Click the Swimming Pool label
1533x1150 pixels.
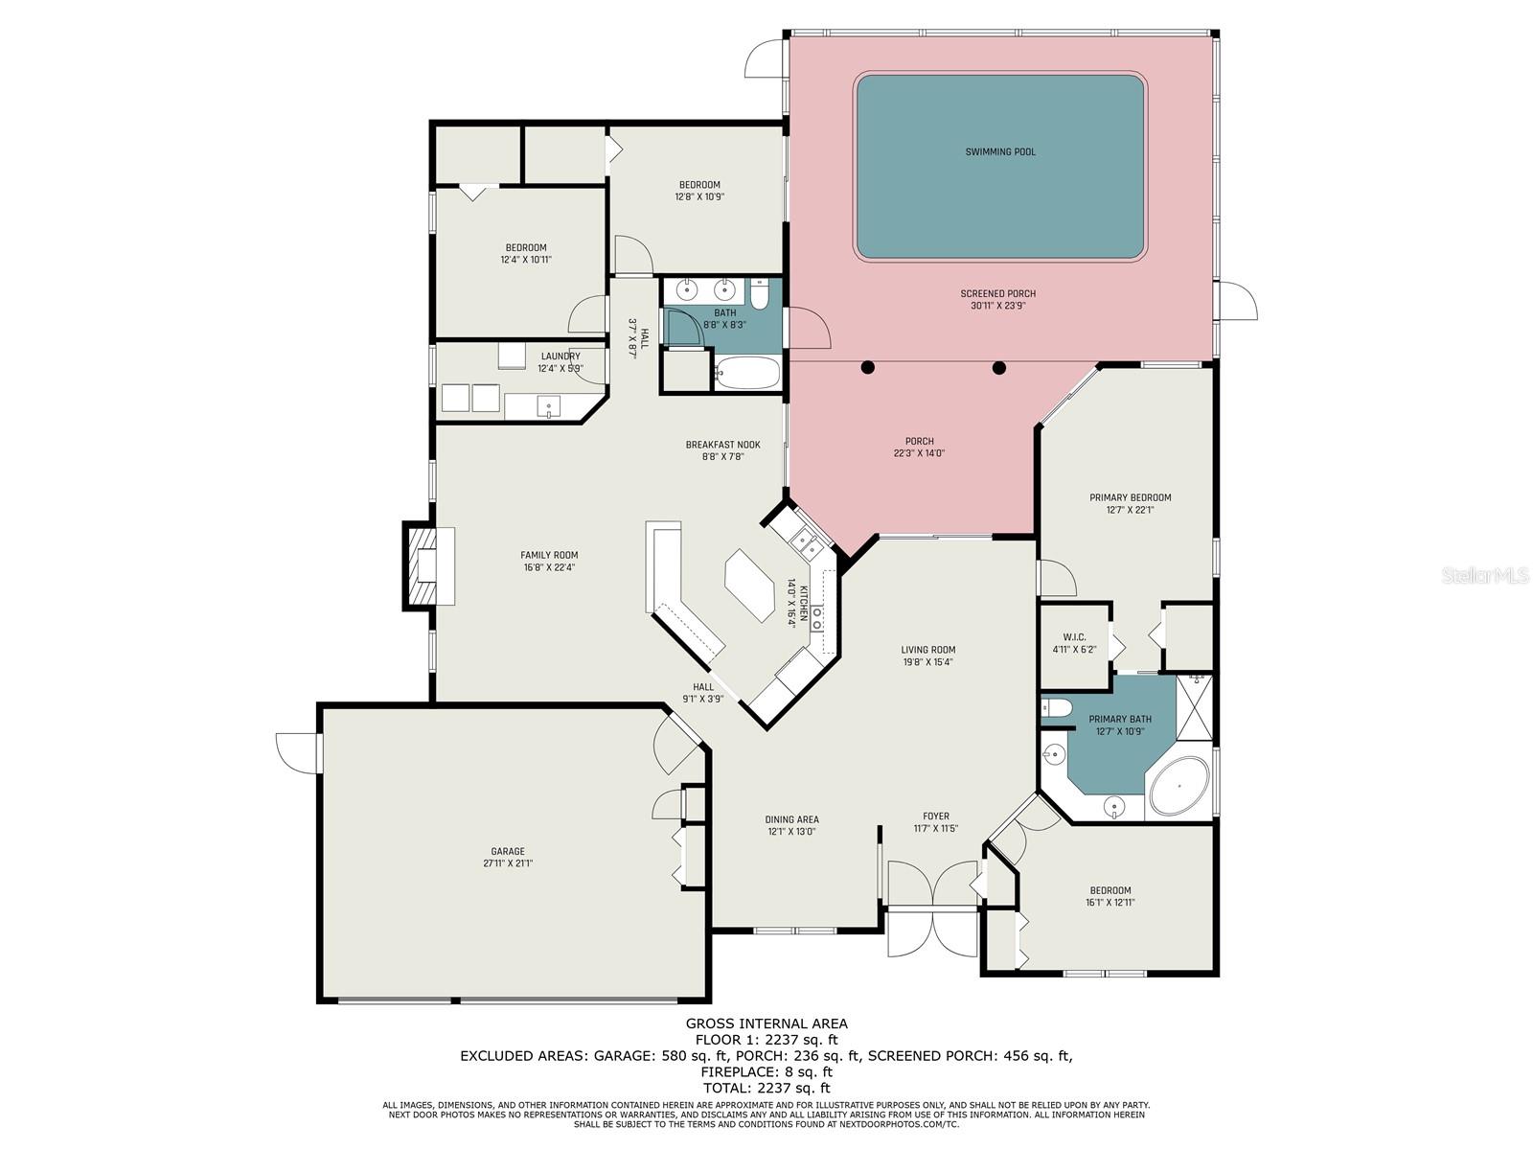[999, 151]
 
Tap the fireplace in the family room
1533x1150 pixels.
[419, 564]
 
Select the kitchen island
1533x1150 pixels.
[748, 586]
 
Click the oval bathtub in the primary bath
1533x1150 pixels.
[1178, 786]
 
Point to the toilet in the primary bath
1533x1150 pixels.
[1056, 709]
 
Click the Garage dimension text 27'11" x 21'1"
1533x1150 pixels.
[507, 863]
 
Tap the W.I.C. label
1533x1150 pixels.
[1073, 636]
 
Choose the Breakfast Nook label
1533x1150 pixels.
[722, 445]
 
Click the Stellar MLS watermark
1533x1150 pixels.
[1485, 575]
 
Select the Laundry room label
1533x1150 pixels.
[561, 356]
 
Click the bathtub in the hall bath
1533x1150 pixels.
[746, 373]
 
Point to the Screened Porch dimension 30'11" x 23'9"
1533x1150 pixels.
[997, 305]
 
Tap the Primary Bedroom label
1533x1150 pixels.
[1130, 497]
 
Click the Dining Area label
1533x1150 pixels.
[791, 819]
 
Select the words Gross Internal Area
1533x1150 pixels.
[766, 1023]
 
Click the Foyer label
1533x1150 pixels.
[935, 816]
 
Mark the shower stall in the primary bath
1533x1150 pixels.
[1194, 708]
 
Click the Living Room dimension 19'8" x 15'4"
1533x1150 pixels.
[927, 662]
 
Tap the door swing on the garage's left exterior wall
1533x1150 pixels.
[298, 753]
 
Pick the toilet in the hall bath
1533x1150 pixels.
[759, 293]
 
